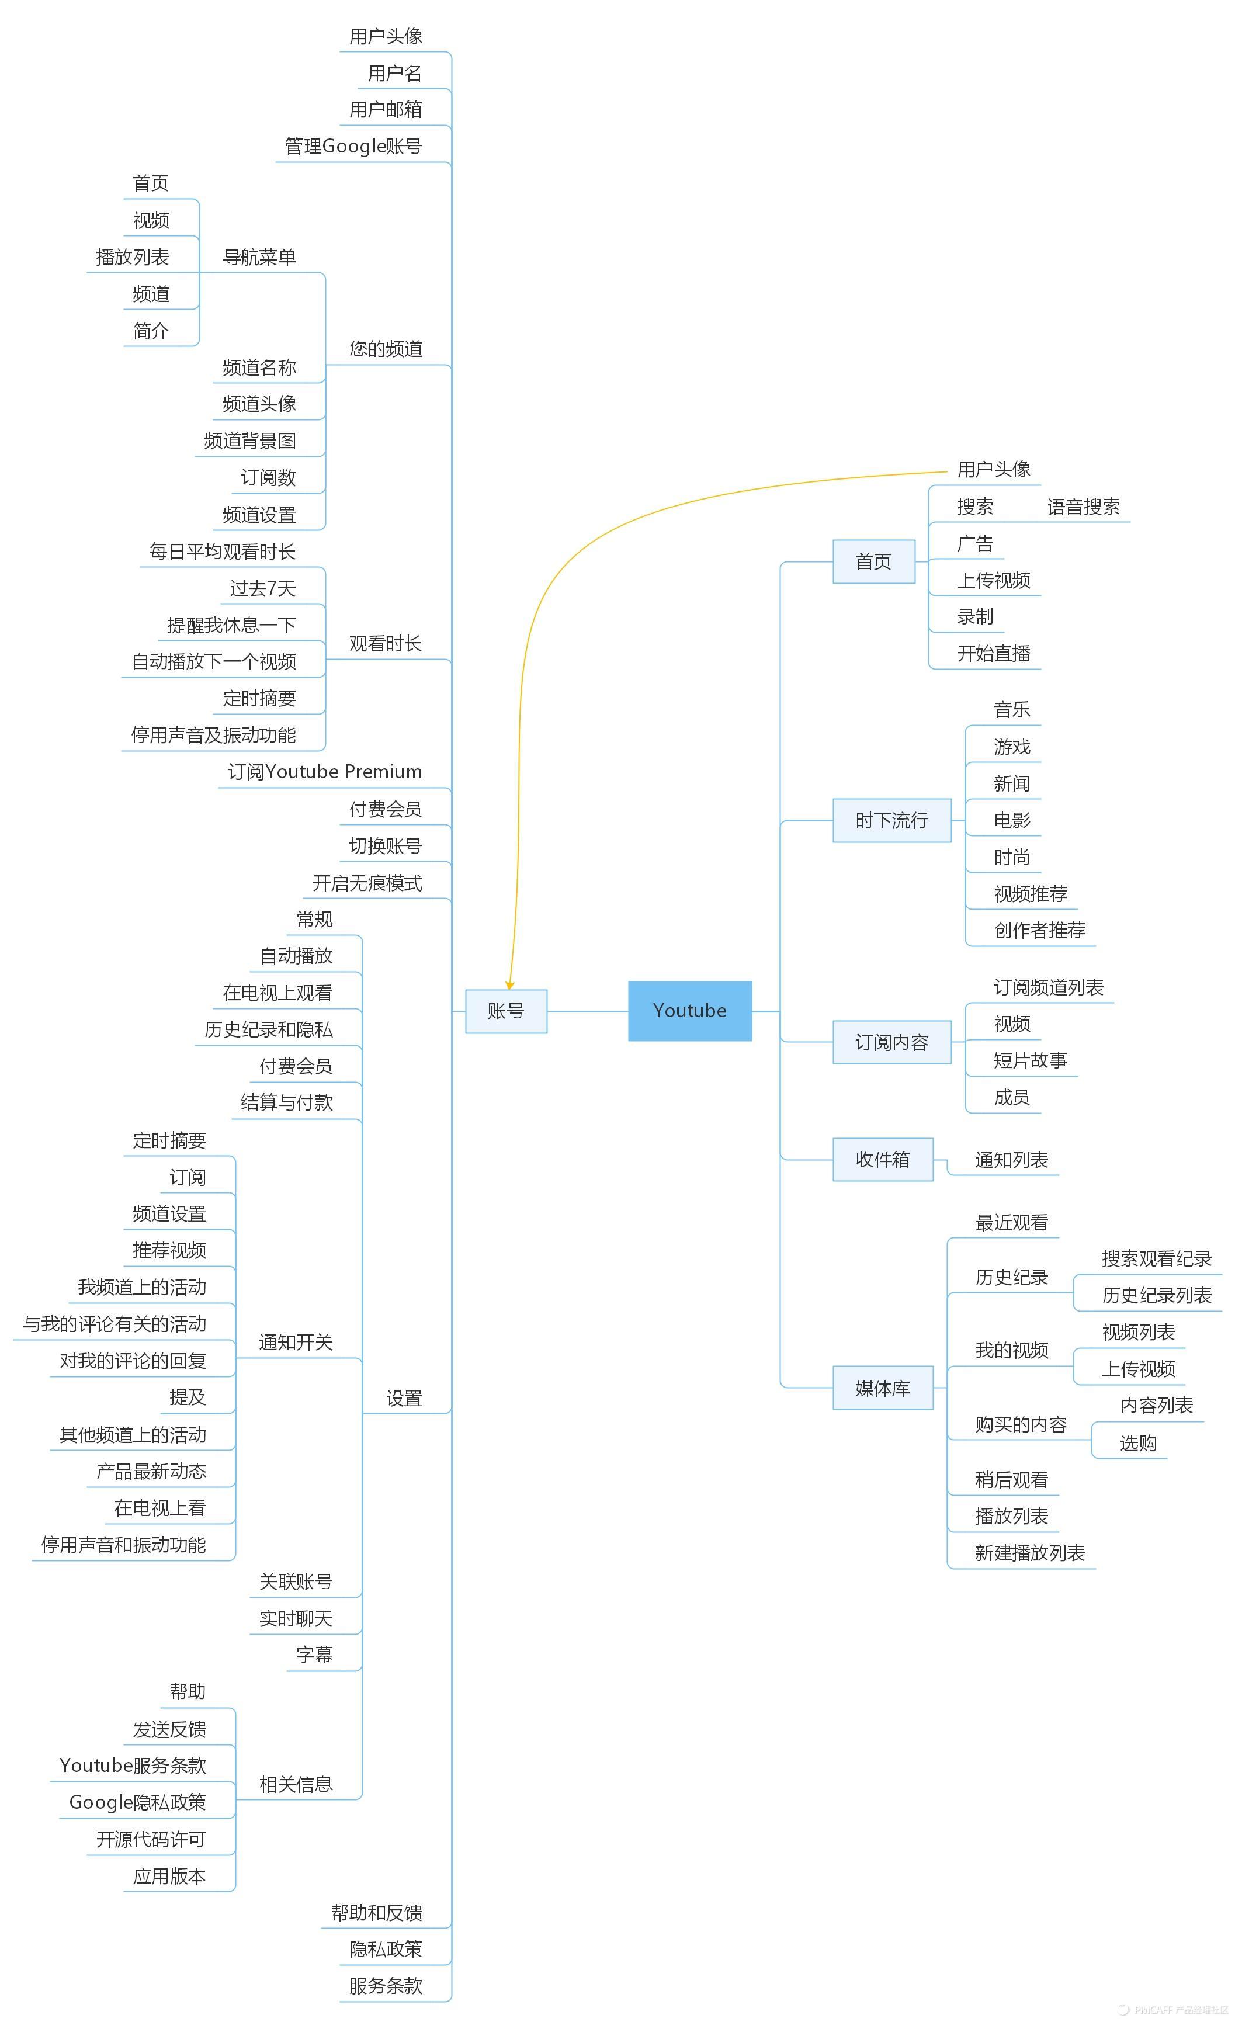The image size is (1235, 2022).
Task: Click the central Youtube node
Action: tap(689, 1010)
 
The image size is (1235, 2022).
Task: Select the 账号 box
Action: tap(505, 1010)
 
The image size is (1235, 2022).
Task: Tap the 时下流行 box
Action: tap(891, 820)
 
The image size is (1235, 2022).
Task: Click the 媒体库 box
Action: tap(882, 1387)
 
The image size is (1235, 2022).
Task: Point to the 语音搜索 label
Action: tap(1083, 507)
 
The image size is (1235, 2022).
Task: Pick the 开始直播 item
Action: tap(993, 653)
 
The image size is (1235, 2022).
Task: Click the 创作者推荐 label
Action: tap(1039, 930)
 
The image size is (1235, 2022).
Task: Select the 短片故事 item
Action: tap(1030, 1060)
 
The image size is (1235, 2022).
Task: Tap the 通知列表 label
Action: tap(1011, 1160)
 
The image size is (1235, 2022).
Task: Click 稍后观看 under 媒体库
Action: tap(1011, 1480)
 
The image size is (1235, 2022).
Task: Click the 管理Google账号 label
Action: tap(353, 146)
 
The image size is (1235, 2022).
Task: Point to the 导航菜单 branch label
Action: tap(259, 258)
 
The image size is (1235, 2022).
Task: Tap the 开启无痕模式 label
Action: tap(367, 883)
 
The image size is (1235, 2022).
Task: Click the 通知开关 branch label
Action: tap(296, 1343)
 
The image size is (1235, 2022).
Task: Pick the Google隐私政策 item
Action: tap(137, 1802)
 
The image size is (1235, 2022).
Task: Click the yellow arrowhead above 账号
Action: tap(509, 985)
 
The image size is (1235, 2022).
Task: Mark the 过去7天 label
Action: tap(262, 588)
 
